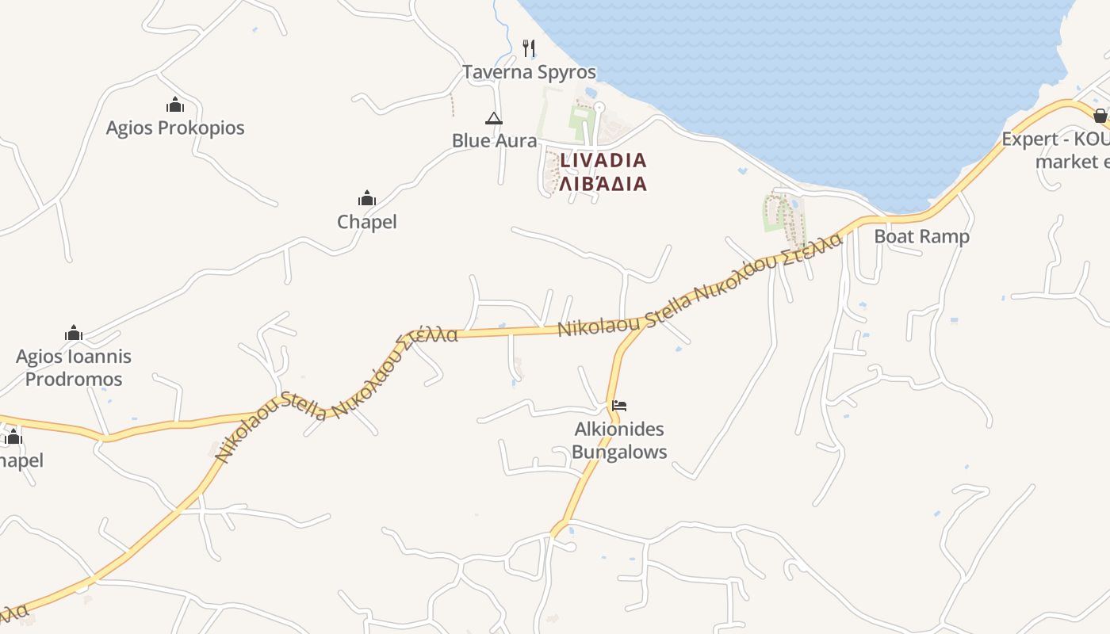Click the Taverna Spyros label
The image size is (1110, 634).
(529, 72)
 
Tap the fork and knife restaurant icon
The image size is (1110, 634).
(529, 48)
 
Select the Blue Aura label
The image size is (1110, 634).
(494, 140)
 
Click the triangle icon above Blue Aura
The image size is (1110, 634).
(494, 119)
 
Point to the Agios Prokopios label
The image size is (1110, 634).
(175, 128)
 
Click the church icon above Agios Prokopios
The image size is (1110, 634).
(175, 105)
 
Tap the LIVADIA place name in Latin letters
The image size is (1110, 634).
(603, 160)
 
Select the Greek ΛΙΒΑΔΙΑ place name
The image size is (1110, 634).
(603, 184)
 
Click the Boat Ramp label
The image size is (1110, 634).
(921, 236)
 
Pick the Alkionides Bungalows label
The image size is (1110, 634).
(619, 441)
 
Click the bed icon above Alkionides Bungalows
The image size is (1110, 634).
(619, 406)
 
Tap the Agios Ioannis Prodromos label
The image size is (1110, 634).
(74, 368)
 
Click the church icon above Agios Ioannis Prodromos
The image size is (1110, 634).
(74, 333)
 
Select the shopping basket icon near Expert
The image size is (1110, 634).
(1100, 116)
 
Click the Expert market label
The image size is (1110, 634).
(1054, 150)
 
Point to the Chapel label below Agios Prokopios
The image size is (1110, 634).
(367, 222)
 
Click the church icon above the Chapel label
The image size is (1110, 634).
(367, 198)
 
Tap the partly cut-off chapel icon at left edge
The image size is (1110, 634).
(13, 437)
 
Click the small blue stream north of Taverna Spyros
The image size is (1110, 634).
(499, 32)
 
